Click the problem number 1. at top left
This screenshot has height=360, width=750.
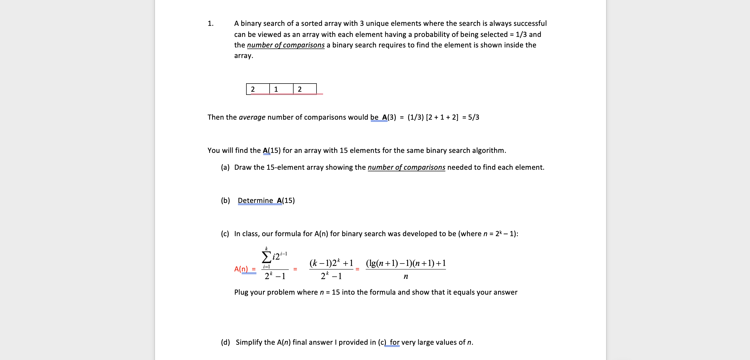[x=211, y=24]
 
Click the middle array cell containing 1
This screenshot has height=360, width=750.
[x=281, y=89]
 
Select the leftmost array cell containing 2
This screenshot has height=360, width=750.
[x=258, y=89]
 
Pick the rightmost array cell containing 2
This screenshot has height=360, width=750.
[x=305, y=89]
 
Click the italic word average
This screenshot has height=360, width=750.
[x=252, y=117]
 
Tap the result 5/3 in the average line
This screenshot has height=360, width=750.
[x=473, y=117]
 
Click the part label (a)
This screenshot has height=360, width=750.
[x=225, y=167]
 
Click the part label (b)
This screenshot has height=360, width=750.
[x=225, y=201]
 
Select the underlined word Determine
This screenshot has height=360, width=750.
[x=255, y=201]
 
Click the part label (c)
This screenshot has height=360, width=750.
[x=225, y=234]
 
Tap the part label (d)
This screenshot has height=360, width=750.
[x=225, y=342]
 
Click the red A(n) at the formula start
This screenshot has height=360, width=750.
[x=241, y=269]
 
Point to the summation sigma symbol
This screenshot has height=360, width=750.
[x=266, y=257]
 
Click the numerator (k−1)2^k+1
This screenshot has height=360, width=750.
[x=331, y=263]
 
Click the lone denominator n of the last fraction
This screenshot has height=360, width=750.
[x=406, y=276]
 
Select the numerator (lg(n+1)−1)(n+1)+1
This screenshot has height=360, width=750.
[x=406, y=263]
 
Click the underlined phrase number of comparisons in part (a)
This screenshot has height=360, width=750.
[x=406, y=167]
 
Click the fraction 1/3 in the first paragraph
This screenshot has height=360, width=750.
[x=521, y=34]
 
